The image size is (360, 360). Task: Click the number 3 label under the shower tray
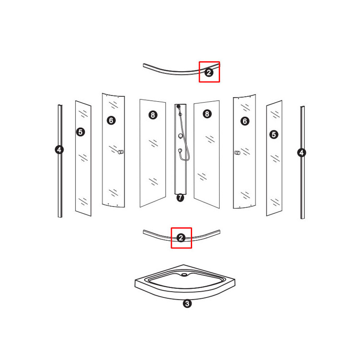coord(187,303)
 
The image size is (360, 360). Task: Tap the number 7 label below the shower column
coord(180,197)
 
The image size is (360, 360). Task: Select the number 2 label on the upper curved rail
coord(209,72)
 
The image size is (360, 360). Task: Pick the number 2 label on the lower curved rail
coord(181,238)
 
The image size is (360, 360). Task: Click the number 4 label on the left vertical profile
coord(59,150)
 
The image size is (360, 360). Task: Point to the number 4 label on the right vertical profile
coord(301,153)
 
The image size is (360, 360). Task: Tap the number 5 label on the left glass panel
coord(81,132)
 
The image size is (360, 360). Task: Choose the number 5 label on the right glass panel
coord(274,135)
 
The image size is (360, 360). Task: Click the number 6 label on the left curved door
coord(111,120)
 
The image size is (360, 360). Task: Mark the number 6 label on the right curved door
coord(245,121)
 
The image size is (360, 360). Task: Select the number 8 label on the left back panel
coord(153,115)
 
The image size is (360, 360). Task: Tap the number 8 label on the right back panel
coord(207,114)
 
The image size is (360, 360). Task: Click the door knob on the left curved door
coord(121,152)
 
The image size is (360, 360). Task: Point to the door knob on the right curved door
coord(238,153)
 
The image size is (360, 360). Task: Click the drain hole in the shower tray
coord(184,274)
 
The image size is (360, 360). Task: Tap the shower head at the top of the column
coord(179,107)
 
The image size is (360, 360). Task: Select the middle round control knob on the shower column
coord(181,136)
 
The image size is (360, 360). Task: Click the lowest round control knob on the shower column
coord(180,151)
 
